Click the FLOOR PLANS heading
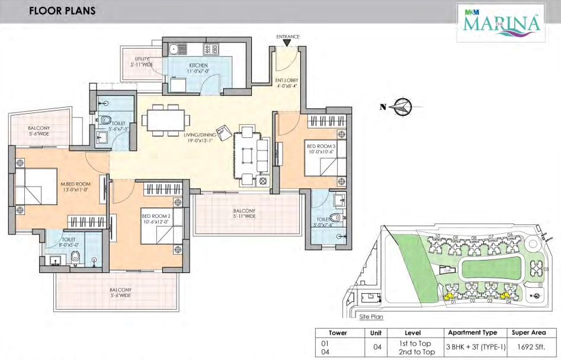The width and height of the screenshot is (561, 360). tap(54, 11)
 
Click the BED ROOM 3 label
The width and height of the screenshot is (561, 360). tap(320, 147)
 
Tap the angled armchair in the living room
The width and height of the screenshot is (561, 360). tap(225, 133)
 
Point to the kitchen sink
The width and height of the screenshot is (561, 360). tap(175, 50)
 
